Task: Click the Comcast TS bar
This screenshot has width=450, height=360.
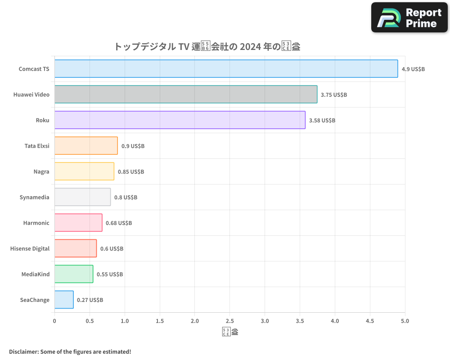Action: (x=226, y=69)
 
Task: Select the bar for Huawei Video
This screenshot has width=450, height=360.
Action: (x=185, y=94)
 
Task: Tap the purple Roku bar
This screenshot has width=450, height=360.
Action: (x=180, y=120)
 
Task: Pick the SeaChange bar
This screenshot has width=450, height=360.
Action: (x=64, y=300)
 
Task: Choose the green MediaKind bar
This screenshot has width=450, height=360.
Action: (x=74, y=274)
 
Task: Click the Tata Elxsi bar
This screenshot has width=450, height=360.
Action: (x=86, y=146)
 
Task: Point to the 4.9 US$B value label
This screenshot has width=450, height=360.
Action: (x=413, y=69)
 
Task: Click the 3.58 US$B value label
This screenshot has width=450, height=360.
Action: (x=322, y=121)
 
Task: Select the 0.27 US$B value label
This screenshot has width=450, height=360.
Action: (x=90, y=300)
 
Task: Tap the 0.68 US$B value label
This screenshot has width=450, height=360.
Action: (x=119, y=223)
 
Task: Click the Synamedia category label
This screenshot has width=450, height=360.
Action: (x=34, y=198)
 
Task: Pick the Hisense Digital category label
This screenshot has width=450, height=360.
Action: (x=30, y=249)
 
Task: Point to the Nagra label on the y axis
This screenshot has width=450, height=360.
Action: (x=41, y=172)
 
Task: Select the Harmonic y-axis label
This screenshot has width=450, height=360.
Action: (x=36, y=223)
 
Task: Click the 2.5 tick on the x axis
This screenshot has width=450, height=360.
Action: (x=230, y=321)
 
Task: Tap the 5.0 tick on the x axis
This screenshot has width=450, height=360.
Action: (x=405, y=321)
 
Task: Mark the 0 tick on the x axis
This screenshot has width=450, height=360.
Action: (x=54, y=321)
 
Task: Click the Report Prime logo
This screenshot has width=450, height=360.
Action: (x=409, y=18)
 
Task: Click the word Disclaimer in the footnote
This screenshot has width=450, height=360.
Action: (x=23, y=351)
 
